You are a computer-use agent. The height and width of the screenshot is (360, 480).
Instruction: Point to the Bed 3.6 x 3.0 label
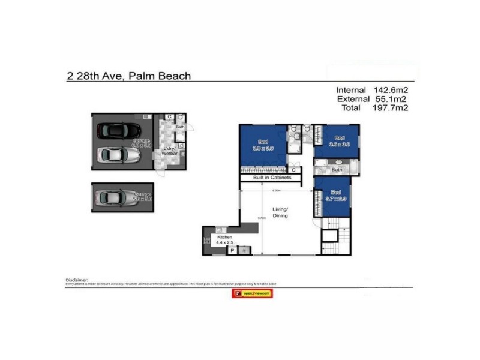(x=339, y=140)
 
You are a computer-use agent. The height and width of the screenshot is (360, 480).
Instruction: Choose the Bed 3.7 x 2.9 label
(x=336, y=196)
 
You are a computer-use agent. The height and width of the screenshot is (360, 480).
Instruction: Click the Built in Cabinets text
(x=272, y=178)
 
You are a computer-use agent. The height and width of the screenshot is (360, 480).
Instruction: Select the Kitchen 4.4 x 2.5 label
(x=224, y=239)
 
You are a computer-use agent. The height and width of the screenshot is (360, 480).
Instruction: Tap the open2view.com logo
(x=251, y=293)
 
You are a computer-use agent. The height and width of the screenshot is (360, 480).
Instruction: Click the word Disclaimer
(x=76, y=280)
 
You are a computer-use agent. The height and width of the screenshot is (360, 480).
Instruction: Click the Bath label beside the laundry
(x=179, y=127)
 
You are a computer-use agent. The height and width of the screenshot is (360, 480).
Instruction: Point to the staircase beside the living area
(x=334, y=240)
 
